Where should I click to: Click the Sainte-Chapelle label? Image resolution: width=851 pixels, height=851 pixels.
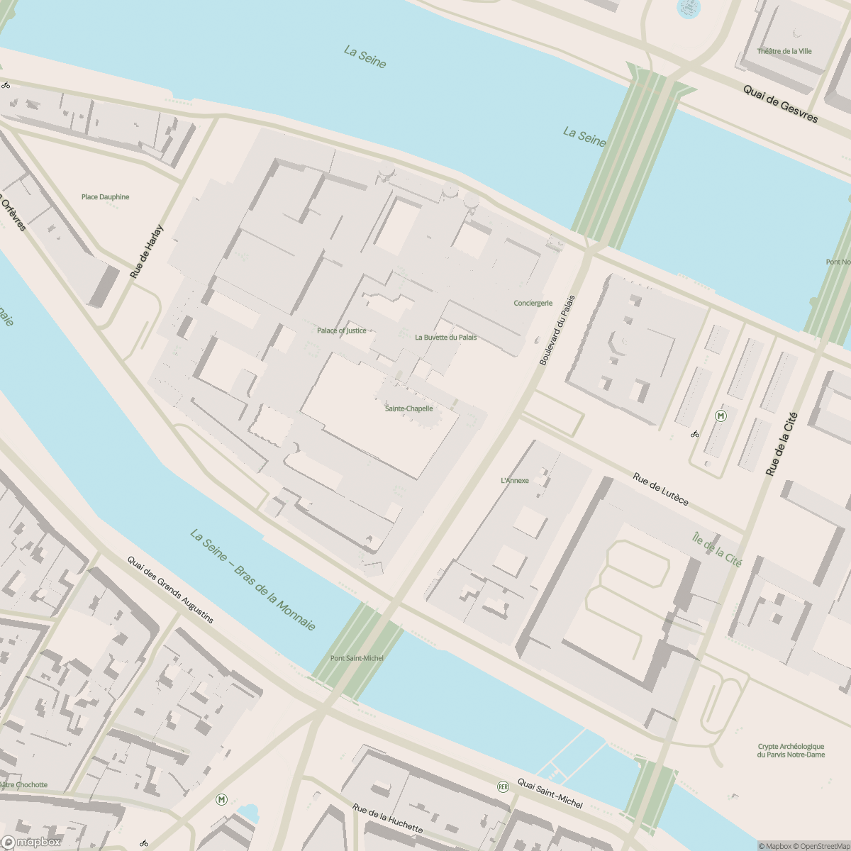click(408, 408)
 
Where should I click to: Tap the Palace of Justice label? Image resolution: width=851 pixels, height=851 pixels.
click(342, 330)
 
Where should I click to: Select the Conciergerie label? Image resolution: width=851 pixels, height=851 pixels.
click(533, 303)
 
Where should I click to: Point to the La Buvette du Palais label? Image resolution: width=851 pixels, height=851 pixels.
click(445, 337)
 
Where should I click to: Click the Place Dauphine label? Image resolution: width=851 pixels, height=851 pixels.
click(105, 197)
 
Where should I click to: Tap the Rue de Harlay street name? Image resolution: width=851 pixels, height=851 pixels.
click(147, 251)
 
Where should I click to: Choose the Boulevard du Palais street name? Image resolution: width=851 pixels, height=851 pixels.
click(557, 330)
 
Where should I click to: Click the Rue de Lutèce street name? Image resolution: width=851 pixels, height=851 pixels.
click(660, 489)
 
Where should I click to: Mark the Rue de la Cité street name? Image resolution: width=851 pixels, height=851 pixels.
click(782, 444)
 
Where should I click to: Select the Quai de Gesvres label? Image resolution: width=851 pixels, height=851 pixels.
click(780, 104)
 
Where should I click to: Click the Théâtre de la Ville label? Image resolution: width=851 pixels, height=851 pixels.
click(784, 51)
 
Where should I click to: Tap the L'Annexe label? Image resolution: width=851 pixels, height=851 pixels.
click(515, 480)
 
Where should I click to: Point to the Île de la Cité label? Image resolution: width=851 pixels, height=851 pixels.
click(716, 549)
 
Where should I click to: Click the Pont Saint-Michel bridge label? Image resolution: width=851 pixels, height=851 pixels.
click(357, 658)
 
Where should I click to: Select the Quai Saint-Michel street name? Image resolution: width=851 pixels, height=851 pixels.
click(550, 793)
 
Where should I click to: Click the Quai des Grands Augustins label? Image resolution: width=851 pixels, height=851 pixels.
click(170, 589)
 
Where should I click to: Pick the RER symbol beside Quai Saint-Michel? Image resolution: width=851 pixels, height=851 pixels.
click(503, 786)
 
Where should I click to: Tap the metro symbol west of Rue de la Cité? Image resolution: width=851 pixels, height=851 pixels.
click(721, 416)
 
